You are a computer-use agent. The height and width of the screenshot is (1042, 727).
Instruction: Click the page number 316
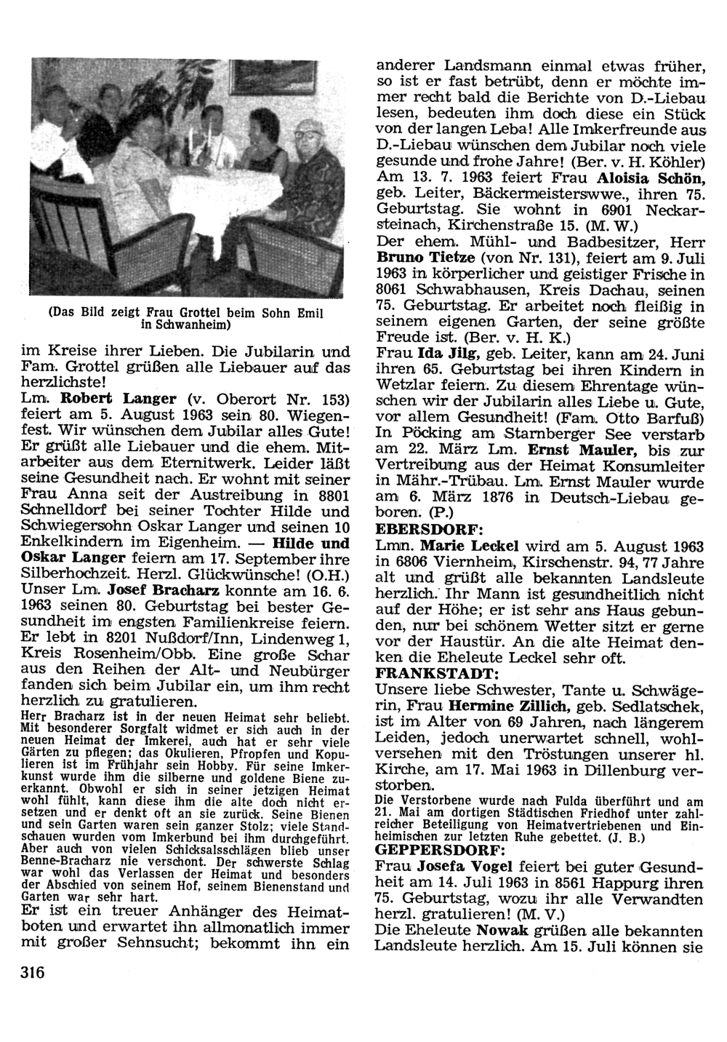29,974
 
